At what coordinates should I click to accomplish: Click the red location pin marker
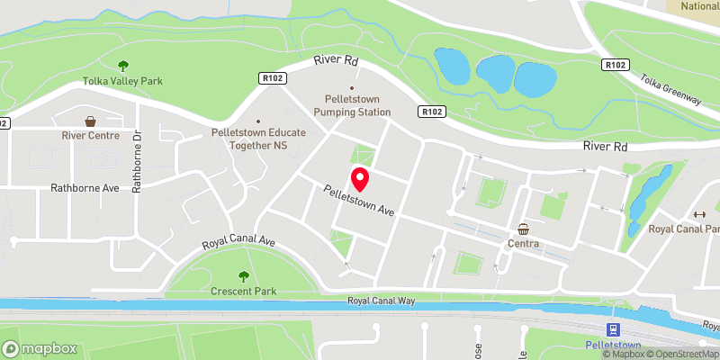coord(359,179)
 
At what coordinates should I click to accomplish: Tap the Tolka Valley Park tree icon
coord(122,65)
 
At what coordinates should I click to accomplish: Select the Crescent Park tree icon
coord(242,276)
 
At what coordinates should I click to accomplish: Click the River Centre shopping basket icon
coord(91,121)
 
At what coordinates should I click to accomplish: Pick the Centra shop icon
coord(523,228)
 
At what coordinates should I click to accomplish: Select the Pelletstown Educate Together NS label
coord(258,138)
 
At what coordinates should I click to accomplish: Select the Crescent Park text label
coord(242,292)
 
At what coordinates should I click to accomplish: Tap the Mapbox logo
coord(39,348)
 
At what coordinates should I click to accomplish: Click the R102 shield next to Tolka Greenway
coord(616,65)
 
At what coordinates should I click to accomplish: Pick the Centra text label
coord(523,243)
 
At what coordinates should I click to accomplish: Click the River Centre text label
coord(91,136)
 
